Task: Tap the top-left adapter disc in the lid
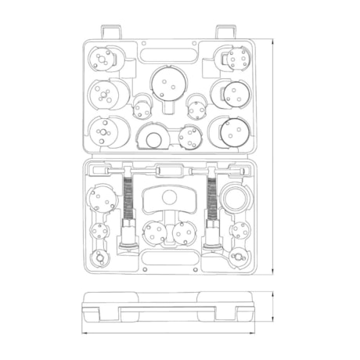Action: click(103, 59)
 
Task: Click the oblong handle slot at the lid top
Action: click(167, 56)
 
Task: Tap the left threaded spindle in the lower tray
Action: click(128, 199)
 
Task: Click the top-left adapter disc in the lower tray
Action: click(103, 199)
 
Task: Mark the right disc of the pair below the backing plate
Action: click(183, 232)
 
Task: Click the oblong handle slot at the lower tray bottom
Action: click(167, 262)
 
